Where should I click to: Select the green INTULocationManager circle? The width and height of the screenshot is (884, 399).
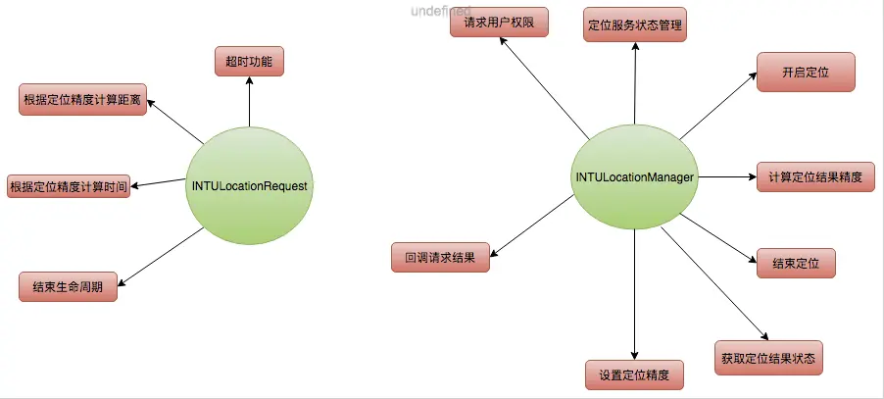(x=634, y=177)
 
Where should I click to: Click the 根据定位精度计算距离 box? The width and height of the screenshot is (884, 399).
(x=83, y=100)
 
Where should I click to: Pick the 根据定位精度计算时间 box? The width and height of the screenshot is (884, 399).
(x=69, y=185)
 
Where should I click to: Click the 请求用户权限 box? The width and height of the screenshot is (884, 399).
(x=499, y=22)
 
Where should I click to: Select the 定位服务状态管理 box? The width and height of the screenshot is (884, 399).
(x=636, y=25)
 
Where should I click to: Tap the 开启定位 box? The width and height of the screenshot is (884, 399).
(x=806, y=74)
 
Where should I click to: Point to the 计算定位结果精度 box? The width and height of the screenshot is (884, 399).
(x=815, y=177)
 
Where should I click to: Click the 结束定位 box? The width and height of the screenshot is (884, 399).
(x=796, y=263)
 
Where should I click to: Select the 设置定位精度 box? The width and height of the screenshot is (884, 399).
(x=634, y=374)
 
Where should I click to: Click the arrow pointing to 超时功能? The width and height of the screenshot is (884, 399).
(x=249, y=102)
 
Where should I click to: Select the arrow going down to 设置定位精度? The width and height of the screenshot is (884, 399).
(x=634, y=294)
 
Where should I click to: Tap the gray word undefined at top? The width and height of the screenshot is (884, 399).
(x=441, y=9)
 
